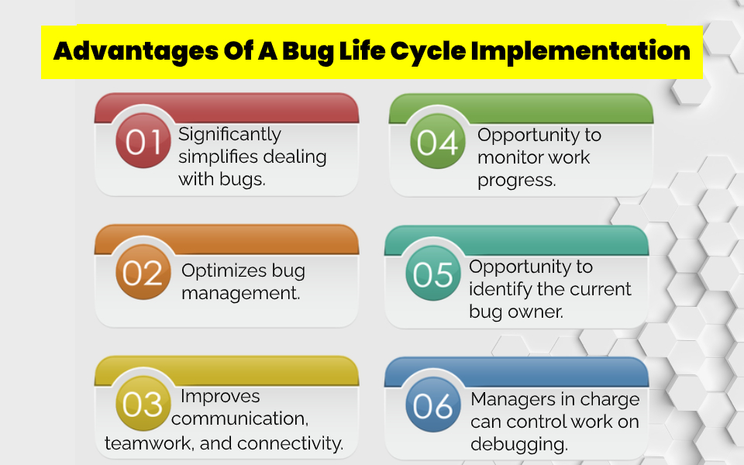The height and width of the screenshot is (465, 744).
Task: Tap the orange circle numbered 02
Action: tap(143, 274)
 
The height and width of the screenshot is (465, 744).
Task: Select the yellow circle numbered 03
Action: tap(143, 405)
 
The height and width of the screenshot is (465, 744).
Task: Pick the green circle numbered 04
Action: tap(436, 142)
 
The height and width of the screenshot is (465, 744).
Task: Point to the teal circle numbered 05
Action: tap(433, 274)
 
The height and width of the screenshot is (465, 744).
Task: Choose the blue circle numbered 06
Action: tap(433, 405)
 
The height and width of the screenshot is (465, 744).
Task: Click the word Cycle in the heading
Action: tap(427, 51)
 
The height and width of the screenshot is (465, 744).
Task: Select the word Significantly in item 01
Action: tap(229, 135)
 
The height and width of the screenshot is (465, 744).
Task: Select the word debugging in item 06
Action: tap(518, 445)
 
